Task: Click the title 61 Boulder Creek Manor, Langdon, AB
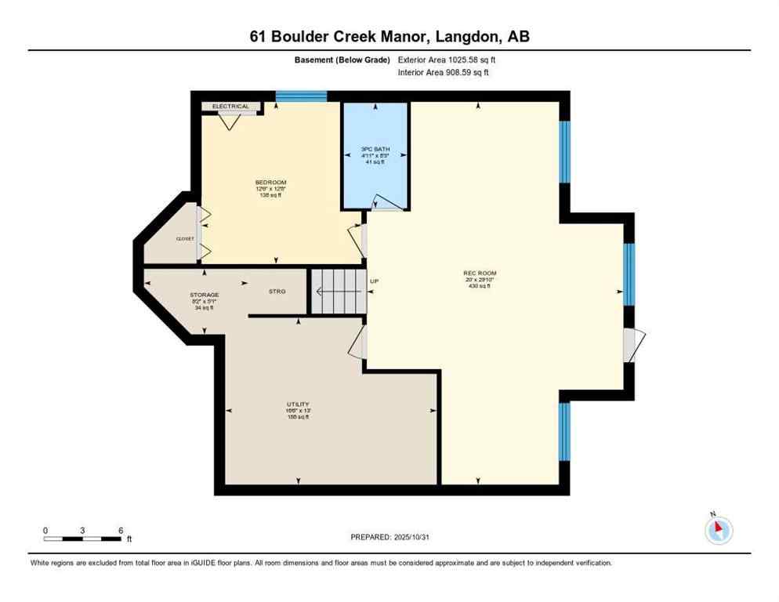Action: (x=389, y=36)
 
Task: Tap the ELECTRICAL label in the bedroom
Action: (x=230, y=107)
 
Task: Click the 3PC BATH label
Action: (x=375, y=149)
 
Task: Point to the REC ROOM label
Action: (x=476, y=274)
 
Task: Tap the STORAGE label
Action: (x=204, y=295)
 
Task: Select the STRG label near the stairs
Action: (x=277, y=291)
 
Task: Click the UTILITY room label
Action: (x=297, y=404)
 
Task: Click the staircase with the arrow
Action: (x=338, y=291)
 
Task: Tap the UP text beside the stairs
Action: (x=374, y=280)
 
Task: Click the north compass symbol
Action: (x=718, y=530)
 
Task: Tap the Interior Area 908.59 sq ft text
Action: (x=444, y=73)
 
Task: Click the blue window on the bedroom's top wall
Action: (x=301, y=96)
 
